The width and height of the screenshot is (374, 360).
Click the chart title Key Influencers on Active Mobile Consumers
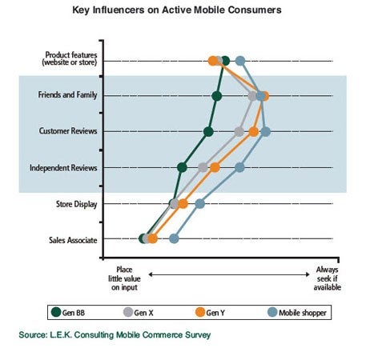177,10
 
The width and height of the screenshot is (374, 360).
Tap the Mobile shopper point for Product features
240,61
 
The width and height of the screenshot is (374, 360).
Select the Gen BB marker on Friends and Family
217,96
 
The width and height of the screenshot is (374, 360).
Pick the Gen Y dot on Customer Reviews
254,132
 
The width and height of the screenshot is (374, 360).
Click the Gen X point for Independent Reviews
203,168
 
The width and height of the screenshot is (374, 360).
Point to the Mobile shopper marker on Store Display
200,204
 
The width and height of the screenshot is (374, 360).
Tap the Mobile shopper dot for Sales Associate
174,238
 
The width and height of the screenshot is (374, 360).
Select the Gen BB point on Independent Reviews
182,168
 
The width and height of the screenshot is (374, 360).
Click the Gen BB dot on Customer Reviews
208,132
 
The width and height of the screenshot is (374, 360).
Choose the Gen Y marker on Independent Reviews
215,168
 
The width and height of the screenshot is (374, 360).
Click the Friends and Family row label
67,95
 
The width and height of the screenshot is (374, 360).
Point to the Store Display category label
76,204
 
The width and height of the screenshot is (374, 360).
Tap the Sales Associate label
73,240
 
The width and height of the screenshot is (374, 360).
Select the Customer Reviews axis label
68,131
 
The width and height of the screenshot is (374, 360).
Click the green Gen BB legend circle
56,312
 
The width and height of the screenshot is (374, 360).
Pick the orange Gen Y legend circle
200,312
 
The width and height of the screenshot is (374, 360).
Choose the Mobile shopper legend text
303,313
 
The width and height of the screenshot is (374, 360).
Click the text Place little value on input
124,278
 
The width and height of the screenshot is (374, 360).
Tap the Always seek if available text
328,278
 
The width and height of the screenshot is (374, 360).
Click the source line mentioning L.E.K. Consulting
115,335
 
